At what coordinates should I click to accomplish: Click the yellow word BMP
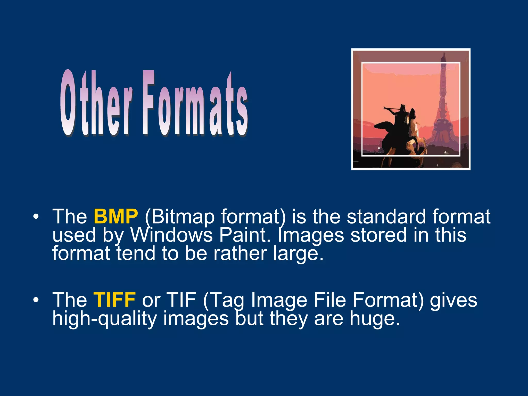click(116, 217)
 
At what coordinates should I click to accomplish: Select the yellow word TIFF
click(114, 300)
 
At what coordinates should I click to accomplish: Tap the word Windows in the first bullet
click(171, 235)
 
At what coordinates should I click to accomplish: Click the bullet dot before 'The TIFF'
click(36, 300)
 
